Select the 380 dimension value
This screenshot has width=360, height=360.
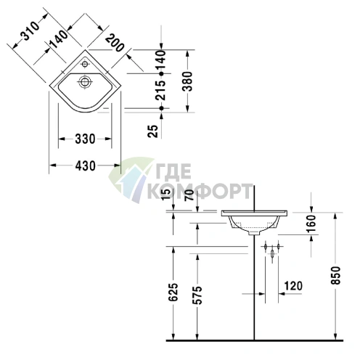[x=187, y=81]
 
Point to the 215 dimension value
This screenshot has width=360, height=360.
[x=160, y=90]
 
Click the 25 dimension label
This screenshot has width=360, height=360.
[x=153, y=131]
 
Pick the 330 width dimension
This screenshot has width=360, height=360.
[x=85, y=139]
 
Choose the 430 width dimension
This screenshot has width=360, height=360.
[x=85, y=166]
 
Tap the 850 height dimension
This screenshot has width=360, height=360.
[x=336, y=275]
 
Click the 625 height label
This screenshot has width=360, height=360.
[x=173, y=292]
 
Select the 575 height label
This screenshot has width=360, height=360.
[x=197, y=295]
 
